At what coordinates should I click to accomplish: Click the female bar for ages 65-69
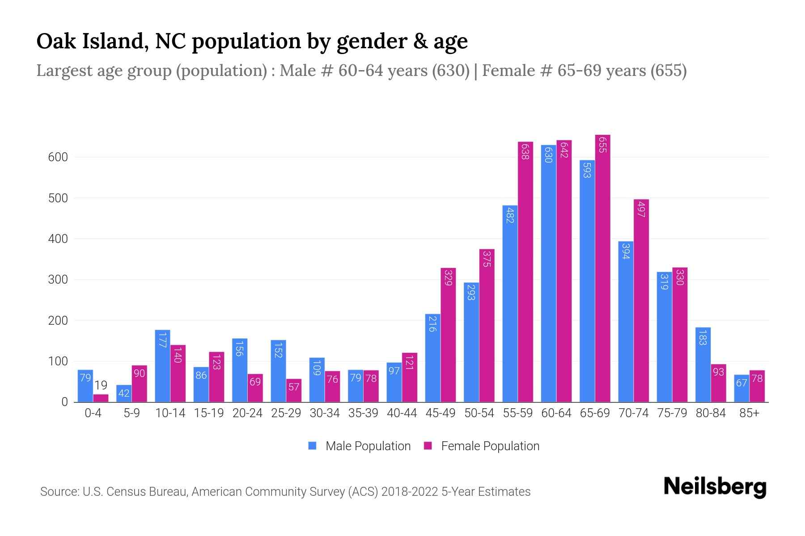pos(602,268)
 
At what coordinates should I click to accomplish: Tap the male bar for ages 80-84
pos(703,364)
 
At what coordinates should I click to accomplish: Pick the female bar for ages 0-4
pos(101,398)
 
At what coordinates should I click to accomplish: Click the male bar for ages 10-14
pos(162,366)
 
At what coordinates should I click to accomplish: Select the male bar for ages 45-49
pos(432,358)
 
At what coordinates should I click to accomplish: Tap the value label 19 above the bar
pos(101,385)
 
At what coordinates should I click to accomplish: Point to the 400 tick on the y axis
pos(58,239)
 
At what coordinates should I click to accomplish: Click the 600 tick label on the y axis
pos(58,157)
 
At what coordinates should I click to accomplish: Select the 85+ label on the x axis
pos(749,413)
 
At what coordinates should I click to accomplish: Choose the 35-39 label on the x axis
pos(363,413)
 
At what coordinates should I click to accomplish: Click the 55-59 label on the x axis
pos(517,413)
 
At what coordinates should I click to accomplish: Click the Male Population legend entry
pos(360,446)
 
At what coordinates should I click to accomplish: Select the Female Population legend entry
pos(482,446)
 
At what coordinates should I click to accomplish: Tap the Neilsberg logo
pos(715,487)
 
